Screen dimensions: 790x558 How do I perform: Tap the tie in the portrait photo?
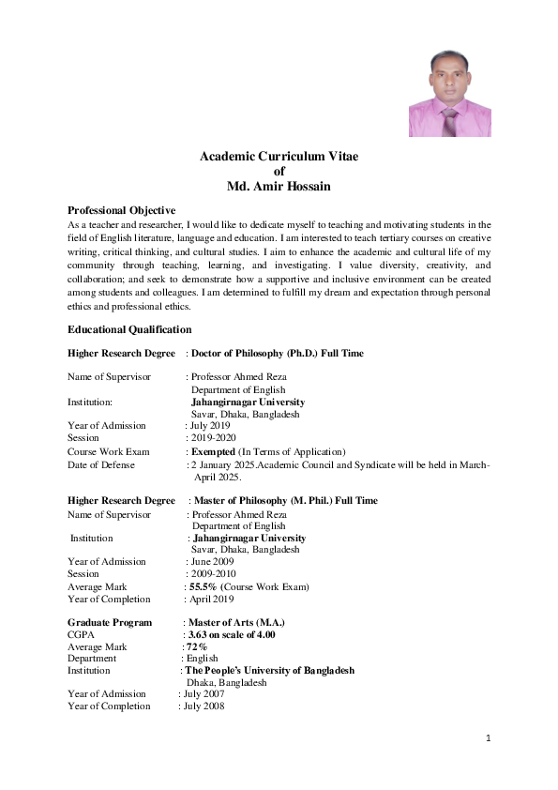click(450, 121)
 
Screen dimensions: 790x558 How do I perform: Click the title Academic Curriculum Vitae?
click(279, 155)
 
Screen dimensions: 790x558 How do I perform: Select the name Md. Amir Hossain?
click(279, 187)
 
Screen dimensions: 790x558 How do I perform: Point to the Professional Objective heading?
click(122, 210)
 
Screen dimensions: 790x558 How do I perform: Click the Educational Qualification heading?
click(129, 329)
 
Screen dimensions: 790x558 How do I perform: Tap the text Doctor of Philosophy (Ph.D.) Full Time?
click(278, 353)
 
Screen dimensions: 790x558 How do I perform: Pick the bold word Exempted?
click(214, 451)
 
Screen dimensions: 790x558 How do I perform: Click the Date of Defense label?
click(101, 464)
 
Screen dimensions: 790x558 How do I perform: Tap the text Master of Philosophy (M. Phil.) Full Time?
click(285, 500)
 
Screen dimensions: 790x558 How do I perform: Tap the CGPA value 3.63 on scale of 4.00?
click(232, 634)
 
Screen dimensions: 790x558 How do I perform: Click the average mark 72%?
click(196, 646)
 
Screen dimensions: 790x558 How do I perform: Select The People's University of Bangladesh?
click(269, 671)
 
